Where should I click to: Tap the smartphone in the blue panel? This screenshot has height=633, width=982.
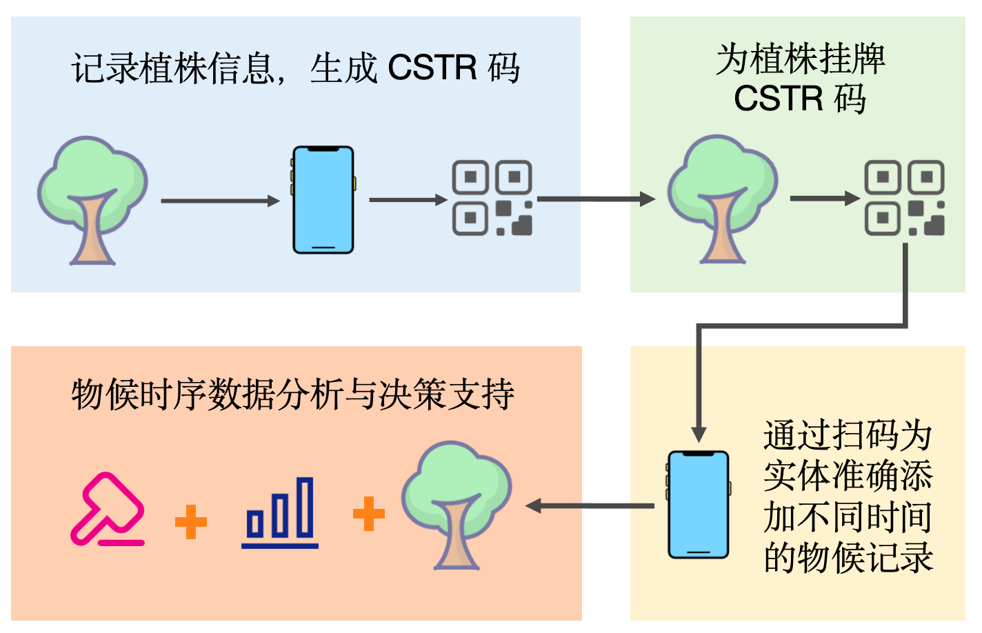pyautogui.click(x=323, y=200)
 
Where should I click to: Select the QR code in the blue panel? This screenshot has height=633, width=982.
pyautogui.click(x=492, y=198)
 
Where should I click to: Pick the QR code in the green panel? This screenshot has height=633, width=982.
pyautogui.click(x=904, y=198)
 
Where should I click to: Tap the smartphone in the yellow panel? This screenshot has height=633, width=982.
pyautogui.click(x=699, y=505)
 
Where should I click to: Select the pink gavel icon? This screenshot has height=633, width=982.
pyautogui.click(x=108, y=510)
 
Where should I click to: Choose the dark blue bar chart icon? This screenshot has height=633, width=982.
pyautogui.click(x=280, y=513)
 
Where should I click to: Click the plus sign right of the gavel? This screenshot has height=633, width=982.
pyautogui.click(x=191, y=521)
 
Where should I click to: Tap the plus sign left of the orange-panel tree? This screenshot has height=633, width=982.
pyautogui.click(x=369, y=514)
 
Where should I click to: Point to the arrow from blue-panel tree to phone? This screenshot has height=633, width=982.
pyautogui.click(x=219, y=201)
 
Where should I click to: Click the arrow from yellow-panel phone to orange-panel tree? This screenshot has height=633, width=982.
pyautogui.click(x=590, y=506)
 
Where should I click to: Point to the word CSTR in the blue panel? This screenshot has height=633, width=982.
pyautogui.click(x=432, y=68)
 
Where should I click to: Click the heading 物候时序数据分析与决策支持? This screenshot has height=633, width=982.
pyautogui.click(x=292, y=394)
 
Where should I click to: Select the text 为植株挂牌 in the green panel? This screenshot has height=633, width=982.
pyautogui.click(x=800, y=59)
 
